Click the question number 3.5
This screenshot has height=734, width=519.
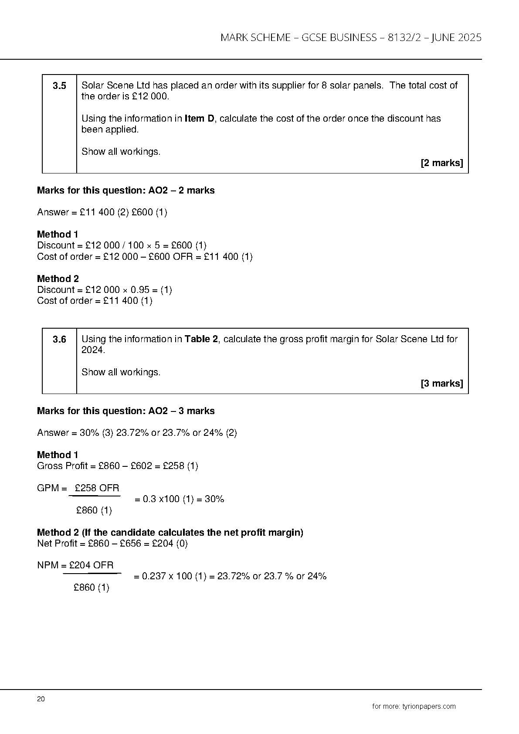[59, 86]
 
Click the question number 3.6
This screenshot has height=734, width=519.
[59, 340]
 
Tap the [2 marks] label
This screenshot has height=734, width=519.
[441, 163]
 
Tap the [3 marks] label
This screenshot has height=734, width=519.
[441, 384]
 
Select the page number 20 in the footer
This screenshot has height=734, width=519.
[41, 699]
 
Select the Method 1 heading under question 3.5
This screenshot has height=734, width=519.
[58, 234]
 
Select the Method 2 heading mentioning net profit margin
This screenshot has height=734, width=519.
[170, 532]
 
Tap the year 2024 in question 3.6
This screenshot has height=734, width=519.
[92, 350]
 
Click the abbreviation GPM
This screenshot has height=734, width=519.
[48, 488]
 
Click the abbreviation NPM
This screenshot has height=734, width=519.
[48, 565]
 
